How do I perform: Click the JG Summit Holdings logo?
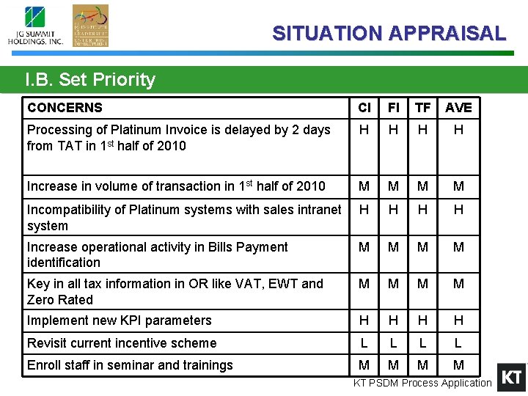pos(35,26)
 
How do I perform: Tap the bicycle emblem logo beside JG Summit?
pos(90,26)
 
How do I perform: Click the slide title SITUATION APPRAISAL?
pos(389,33)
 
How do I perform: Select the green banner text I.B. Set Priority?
pos(90,79)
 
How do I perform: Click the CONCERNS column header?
pos(65,108)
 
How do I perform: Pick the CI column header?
pos(364,108)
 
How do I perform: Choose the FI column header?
pos(394,108)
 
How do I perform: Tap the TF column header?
pos(422,108)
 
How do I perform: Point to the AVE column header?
pos(458,108)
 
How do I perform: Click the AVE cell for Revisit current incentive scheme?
pos(458,342)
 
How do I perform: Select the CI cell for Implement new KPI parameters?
pos(364,320)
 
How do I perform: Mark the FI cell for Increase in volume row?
pos(394,186)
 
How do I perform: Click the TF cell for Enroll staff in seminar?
pos(422,365)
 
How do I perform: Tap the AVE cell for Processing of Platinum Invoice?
pos(458,130)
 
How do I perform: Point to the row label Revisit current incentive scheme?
pos(122,343)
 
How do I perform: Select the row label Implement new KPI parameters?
pos(119,320)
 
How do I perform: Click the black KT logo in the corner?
pos(511,378)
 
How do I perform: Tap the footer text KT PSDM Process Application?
pos(422,383)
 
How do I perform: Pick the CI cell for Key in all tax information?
pos(364,284)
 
